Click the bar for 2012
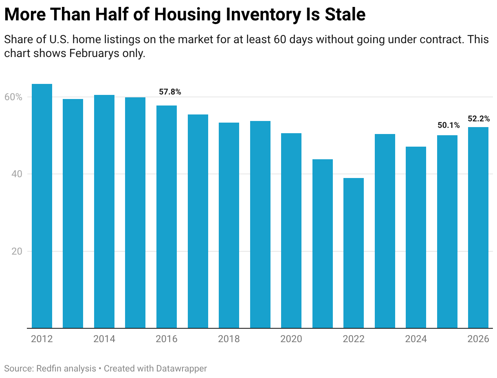coord(42,206)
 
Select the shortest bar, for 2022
coord(354,253)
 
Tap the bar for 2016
coord(167,216)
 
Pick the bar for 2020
coord(291,230)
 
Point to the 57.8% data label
coord(170,92)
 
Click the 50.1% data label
coord(449,125)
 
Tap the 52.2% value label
coord(479,119)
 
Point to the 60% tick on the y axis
coord(13,97)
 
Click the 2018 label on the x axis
coord(229,339)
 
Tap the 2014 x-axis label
coord(104,339)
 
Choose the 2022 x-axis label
coord(354,339)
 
